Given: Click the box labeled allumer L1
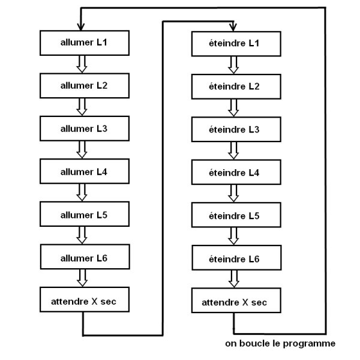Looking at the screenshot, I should [84, 43].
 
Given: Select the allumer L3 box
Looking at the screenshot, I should [84, 128].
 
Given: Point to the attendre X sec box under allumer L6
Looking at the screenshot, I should [84, 301].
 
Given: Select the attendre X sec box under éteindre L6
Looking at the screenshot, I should [234, 302].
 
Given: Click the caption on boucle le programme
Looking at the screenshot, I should [280, 344].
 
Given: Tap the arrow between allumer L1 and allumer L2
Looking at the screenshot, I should [83, 64].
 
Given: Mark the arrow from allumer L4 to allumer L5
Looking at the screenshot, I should [83, 193].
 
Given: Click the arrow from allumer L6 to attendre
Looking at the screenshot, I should [83, 279].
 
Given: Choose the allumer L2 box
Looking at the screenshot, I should [84, 86].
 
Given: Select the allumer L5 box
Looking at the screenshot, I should [84, 214].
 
